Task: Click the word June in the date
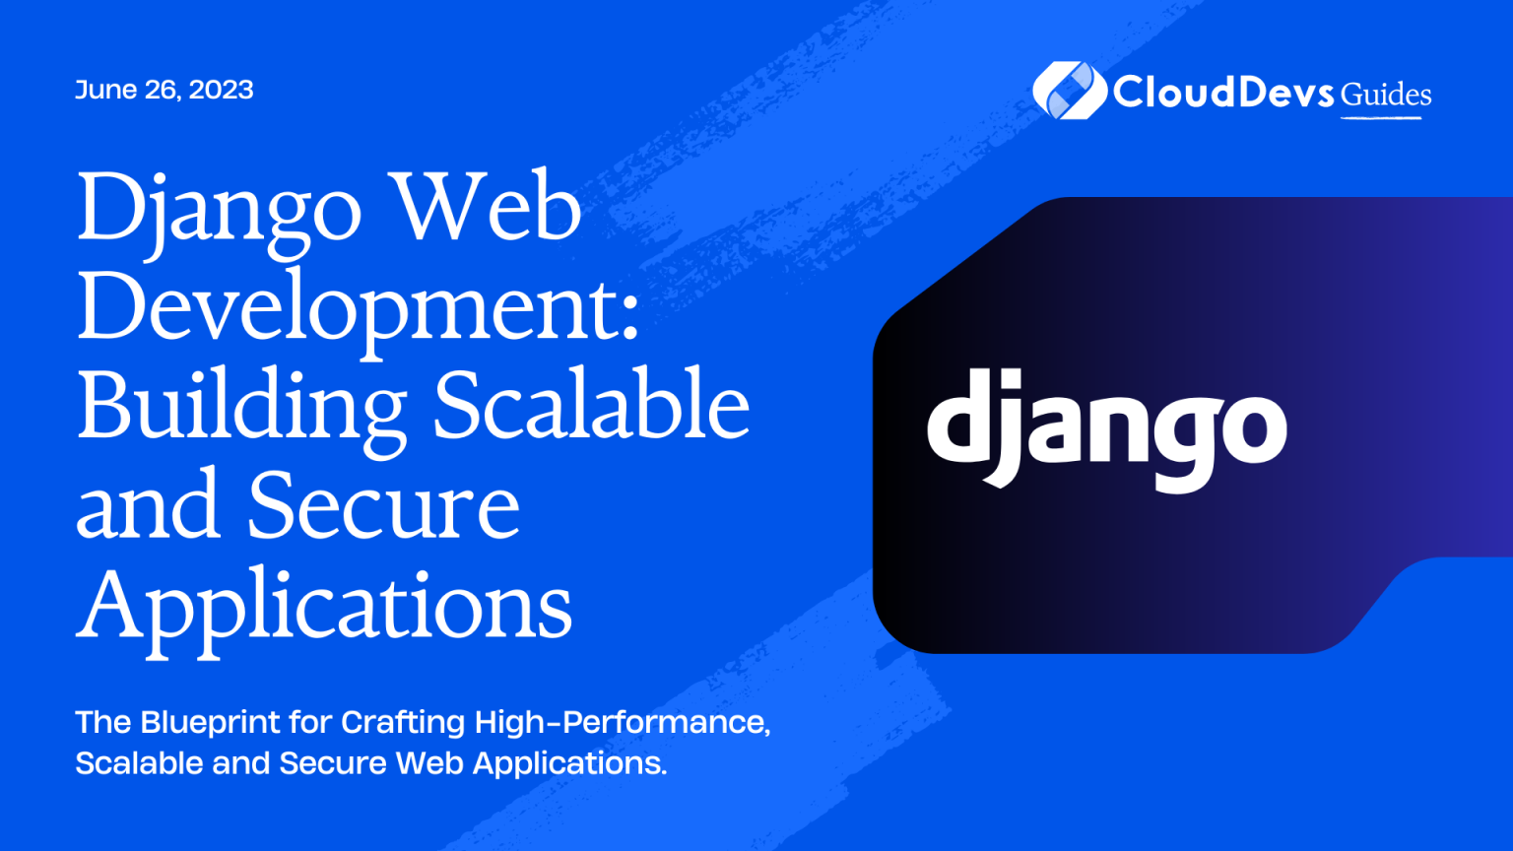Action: click(105, 90)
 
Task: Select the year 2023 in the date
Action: click(221, 90)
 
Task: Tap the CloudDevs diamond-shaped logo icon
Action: click(1069, 90)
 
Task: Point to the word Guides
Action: click(1386, 95)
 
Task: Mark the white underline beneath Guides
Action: click(1381, 118)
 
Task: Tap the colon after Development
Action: click(630, 319)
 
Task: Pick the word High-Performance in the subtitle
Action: click(622, 723)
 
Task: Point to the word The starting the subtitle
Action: click(103, 723)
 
